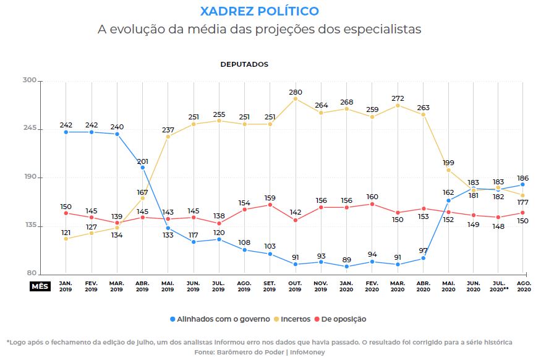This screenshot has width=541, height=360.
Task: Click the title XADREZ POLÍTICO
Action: (260, 11)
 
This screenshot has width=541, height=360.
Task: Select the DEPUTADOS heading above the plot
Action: (244, 64)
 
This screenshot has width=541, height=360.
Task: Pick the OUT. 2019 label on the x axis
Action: (296, 286)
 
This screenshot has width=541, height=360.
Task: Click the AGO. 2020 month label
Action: (523, 286)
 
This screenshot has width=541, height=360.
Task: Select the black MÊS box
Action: (40, 286)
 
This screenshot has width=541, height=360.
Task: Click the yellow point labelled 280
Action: (296, 99)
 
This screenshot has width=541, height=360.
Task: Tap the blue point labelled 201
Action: (143, 168)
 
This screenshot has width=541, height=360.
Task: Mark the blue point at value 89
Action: (347, 267)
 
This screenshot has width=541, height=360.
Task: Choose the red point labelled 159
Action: (270, 205)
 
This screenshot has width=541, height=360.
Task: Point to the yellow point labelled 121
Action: (66, 238)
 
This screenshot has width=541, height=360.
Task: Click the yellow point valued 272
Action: (398, 106)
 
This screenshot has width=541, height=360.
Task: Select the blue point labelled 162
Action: (448, 200)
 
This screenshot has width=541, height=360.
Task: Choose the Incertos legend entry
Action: (296, 319)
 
